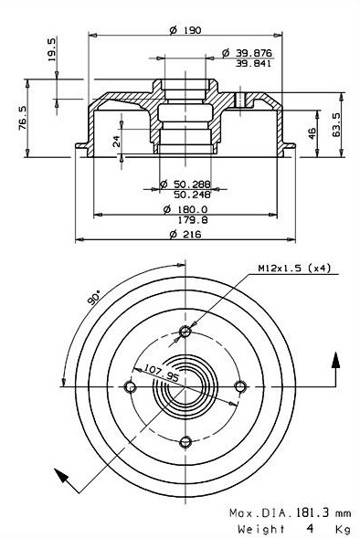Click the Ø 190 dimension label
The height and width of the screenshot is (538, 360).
tap(185, 30)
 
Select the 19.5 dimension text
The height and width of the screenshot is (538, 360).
tap(51, 49)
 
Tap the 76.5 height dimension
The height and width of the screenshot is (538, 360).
tap(23, 118)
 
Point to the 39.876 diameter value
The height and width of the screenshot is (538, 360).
tap(253, 53)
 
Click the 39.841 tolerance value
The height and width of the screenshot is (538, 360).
tap(253, 63)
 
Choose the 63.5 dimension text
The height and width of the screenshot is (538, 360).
tap(336, 125)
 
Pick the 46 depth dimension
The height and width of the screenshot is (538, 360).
tap(312, 132)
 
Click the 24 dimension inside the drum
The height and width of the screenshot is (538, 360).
tap(117, 141)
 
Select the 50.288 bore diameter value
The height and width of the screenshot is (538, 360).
tap(192, 185)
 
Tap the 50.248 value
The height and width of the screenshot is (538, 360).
tap(192, 195)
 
